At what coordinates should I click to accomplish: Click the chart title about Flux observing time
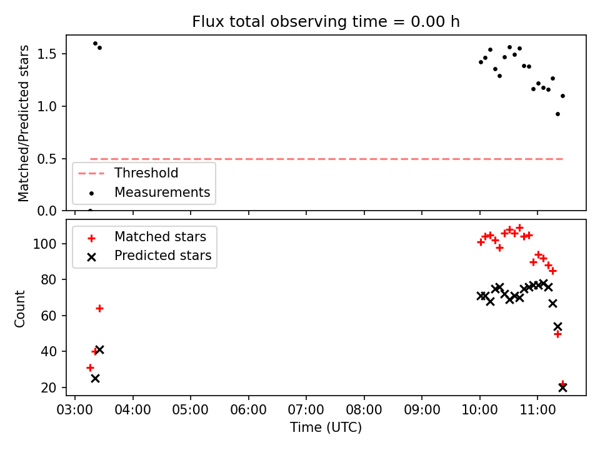pyautogui.click(x=326, y=22)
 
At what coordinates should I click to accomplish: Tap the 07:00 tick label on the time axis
pyautogui.click(x=306, y=410)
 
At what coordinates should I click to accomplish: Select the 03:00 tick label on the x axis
pyautogui.click(x=74, y=410)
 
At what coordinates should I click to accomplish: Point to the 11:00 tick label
pyautogui.click(x=537, y=410)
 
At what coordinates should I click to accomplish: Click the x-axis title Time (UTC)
pyautogui.click(x=326, y=427)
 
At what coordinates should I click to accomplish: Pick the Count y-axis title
pyautogui.click(x=19, y=309)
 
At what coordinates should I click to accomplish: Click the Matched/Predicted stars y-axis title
pyautogui.click(x=23, y=123)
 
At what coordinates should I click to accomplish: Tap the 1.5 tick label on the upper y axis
pyautogui.click(x=46, y=54)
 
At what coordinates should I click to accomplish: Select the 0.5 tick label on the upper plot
pyautogui.click(x=46, y=159)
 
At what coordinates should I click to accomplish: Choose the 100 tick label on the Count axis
pyautogui.click(x=44, y=244)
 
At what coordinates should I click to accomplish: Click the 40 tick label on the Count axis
pyautogui.click(x=48, y=351)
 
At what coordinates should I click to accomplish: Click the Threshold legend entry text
pyautogui.click(x=146, y=173)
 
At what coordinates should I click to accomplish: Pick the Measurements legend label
pyautogui.click(x=162, y=192)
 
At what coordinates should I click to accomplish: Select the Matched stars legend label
pyautogui.click(x=161, y=237)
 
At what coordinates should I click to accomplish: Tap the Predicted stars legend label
pyautogui.click(x=163, y=255)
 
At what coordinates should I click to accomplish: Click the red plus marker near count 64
pyautogui.click(x=99, y=308)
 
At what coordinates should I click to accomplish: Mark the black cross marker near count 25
pyautogui.click(x=95, y=379)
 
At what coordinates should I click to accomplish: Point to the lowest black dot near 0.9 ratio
pyautogui.click(x=557, y=114)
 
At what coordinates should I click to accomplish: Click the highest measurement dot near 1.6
pyautogui.click(x=95, y=44)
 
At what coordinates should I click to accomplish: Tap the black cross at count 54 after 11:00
pyautogui.click(x=557, y=326)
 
